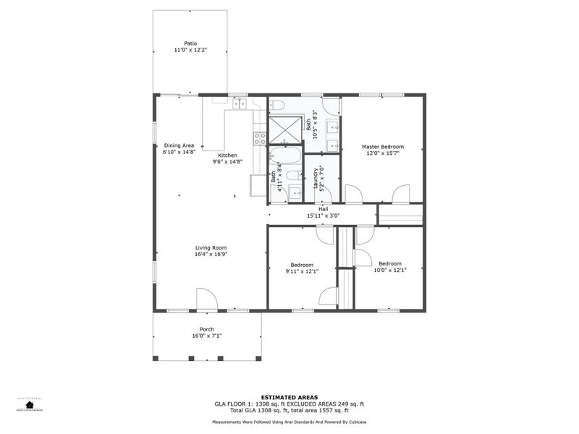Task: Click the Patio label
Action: click(190, 43)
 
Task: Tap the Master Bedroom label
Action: click(382, 147)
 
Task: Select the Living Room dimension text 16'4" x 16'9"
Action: click(211, 254)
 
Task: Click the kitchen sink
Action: click(240, 105)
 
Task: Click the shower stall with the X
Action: click(284, 129)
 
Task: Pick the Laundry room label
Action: click(316, 178)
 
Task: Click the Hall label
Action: click(323, 210)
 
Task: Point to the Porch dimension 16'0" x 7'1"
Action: click(207, 336)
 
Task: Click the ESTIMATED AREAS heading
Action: click(289, 397)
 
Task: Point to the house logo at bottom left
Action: click(30, 405)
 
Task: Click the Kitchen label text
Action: click(228, 156)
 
